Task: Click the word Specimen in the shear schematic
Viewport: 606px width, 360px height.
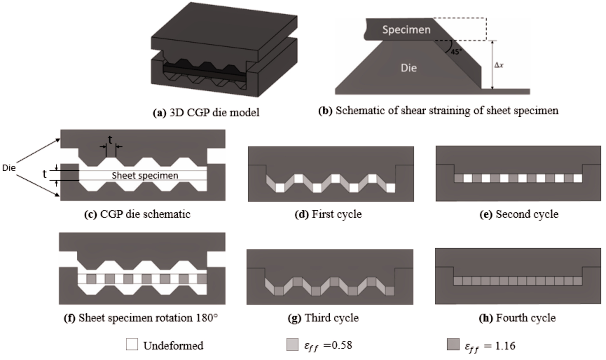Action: tap(406, 30)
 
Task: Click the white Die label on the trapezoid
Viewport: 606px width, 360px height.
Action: tap(408, 68)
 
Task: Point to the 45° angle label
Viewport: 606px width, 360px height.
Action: tap(456, 52)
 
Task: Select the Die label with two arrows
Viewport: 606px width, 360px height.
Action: tap(9, 168)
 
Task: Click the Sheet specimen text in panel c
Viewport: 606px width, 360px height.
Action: tap(145, 175)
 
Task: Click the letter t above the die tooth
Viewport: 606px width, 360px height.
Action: tap(110, 140)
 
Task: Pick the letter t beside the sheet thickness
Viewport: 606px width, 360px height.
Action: tap(44, 174)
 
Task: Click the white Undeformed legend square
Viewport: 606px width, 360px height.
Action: tap(132, 344)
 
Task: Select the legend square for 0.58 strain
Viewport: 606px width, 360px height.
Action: tap(292, 344)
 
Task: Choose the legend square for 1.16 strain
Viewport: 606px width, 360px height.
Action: tap(453, 344)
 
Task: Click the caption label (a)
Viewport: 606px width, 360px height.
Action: tap(160, 113)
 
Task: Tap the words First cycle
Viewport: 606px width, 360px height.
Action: tap(337, 214)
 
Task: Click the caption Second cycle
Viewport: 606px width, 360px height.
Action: tap(527, 214)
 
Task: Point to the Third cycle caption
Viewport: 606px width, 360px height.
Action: tap(332, 318)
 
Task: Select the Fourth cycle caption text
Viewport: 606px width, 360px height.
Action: tap(526, 318)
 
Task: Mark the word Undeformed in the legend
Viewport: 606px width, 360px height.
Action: tap(173, 346)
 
